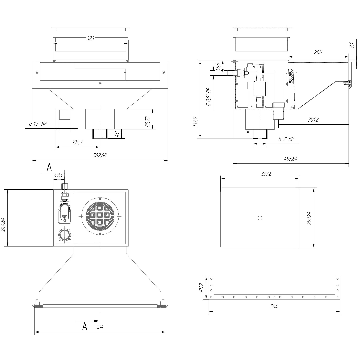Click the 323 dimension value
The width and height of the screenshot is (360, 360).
(90, 38)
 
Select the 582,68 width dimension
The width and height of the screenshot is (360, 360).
(100, 156)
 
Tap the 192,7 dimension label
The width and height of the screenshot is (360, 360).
(77, 142)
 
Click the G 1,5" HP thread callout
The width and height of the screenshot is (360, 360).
(38, 124)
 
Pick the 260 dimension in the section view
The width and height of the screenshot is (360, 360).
(318, 52)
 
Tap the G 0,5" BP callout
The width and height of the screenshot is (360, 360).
(209, 97)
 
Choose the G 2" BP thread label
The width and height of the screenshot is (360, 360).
(286, 139)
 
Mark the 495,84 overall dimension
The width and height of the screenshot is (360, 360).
(291, 159)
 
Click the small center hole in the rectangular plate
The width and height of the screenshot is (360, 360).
(260, 218)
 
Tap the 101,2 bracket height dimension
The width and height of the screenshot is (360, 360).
(201, 287)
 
